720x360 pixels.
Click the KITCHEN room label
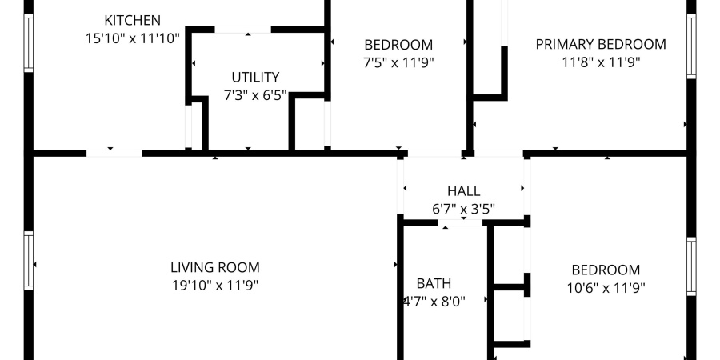(133, 20)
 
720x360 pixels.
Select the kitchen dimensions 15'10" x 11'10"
(133, 38)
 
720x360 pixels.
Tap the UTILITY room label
(255, 78)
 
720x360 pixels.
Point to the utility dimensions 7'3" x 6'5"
(255, 95)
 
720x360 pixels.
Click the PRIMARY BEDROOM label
(600, 44)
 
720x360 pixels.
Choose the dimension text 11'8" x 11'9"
(600, 62)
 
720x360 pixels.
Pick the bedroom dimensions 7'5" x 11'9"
(398, 62)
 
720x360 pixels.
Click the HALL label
(463, 191)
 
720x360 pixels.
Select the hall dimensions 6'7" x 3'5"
(463, 209)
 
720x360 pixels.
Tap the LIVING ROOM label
(214, 268)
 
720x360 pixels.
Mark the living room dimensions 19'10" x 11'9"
(214, 286)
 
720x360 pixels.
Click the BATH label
(434, 283)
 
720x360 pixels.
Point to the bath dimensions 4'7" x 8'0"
(434, 301)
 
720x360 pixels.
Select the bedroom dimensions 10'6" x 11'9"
(605, 287)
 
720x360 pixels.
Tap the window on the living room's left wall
(29, 262)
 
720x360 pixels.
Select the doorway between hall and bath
(463, 222)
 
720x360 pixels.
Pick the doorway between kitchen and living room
(114, 153)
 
